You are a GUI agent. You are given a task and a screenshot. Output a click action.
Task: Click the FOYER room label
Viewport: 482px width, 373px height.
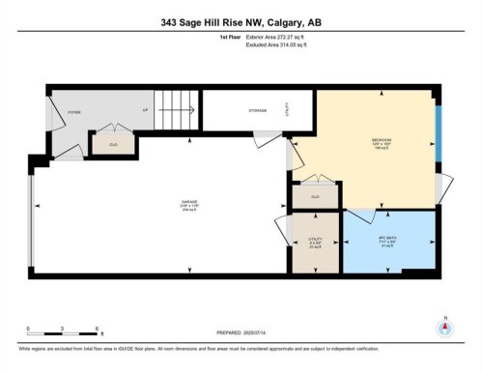[72, 111]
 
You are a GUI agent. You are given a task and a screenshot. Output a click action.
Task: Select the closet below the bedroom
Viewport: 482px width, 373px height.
[315, 197]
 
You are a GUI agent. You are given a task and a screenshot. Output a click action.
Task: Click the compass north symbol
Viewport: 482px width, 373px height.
[444, 326]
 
